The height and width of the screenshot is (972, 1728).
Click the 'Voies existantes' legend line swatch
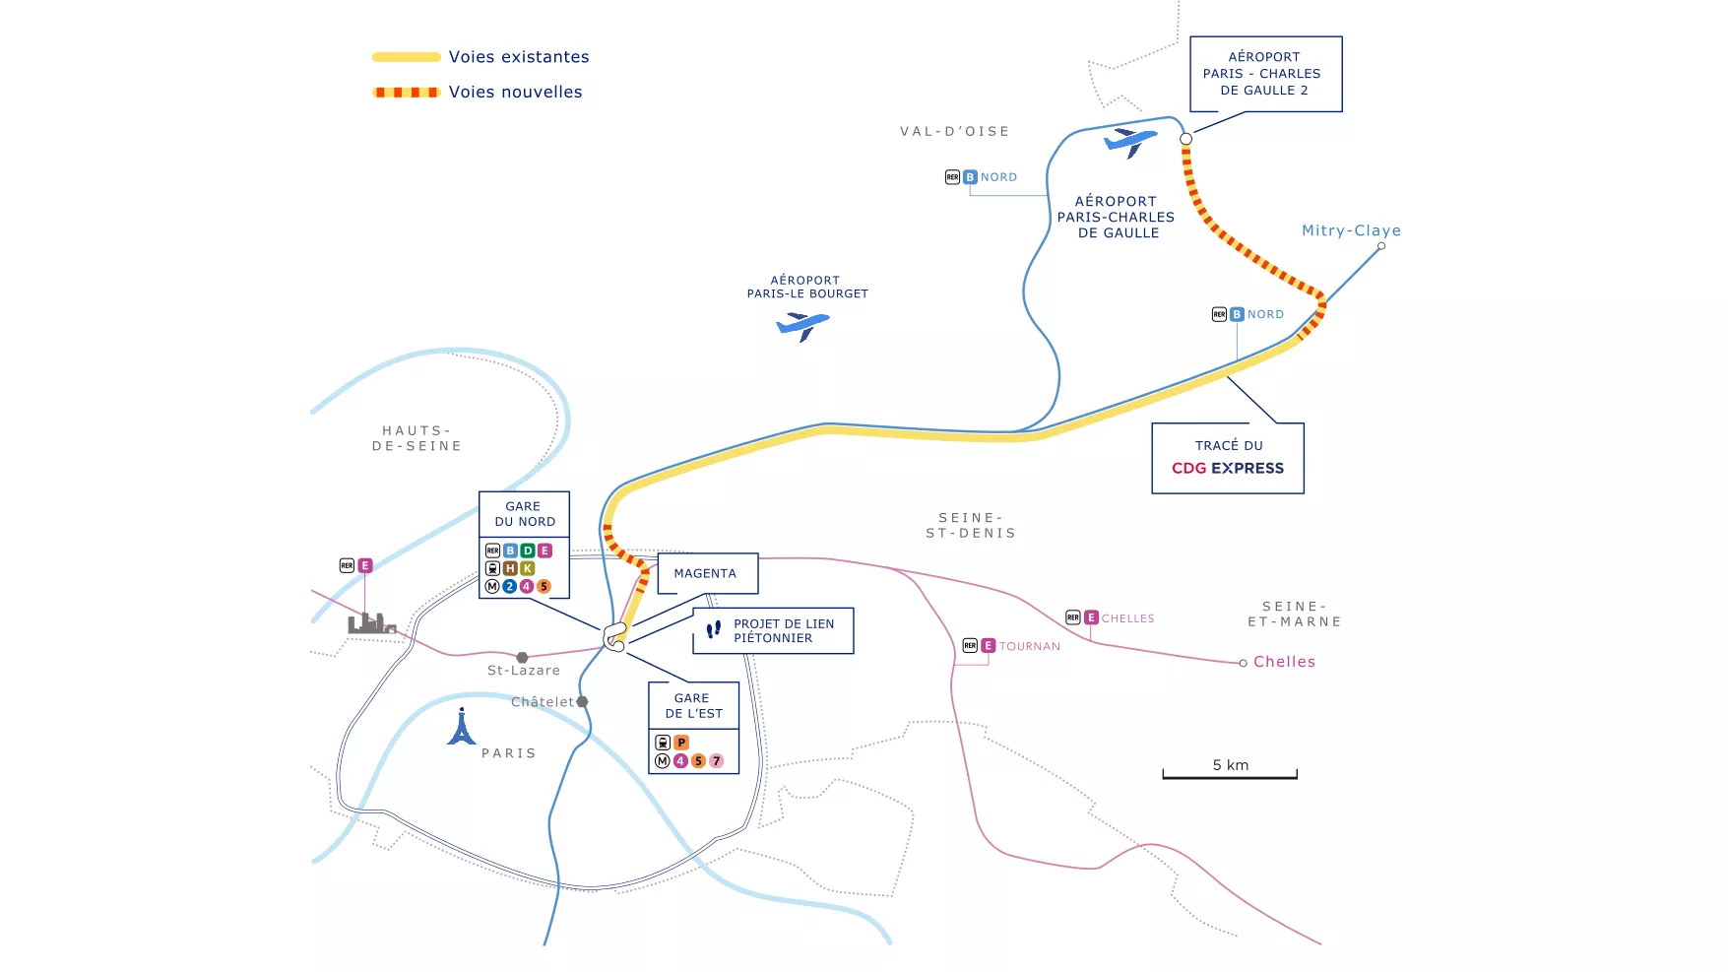coord(407,57)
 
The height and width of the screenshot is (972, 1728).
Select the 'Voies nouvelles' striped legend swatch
coord(407,93)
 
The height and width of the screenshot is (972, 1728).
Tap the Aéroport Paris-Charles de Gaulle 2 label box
coord(1266,74)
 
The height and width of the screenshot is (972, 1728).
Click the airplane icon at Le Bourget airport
coord(802,325)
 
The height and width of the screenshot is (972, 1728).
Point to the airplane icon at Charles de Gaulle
coord(1130,141)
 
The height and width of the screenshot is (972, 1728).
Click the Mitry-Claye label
coord(1351,230)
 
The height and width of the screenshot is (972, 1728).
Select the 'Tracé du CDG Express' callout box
coord(1228,458)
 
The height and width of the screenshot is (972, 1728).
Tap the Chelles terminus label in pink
coord(1284,662)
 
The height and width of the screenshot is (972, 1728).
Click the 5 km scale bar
coord(1230,776)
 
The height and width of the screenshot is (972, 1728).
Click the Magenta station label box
coord(707,573)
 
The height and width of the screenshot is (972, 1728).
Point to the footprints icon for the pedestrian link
coord(714,628)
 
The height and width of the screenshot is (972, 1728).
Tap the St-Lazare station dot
coord(523,657)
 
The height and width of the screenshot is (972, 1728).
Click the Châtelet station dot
coord(582,702)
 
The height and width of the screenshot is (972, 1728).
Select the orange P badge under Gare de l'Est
coord(681,743)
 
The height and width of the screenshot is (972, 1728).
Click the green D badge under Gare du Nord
coord(528,551)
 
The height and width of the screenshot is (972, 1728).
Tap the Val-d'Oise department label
coord(955,131)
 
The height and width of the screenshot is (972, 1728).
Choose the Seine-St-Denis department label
coord(971,526)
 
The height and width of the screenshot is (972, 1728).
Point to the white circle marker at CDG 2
coord(1186,139)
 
